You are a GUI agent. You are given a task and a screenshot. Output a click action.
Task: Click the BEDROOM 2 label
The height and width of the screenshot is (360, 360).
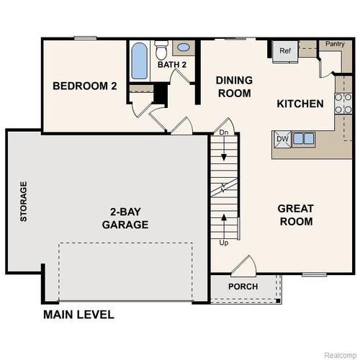(84, 86)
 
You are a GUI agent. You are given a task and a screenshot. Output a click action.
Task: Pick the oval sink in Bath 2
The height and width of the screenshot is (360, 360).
(184, 48)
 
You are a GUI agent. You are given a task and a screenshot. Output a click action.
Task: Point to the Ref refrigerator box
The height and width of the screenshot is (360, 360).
(284, 50)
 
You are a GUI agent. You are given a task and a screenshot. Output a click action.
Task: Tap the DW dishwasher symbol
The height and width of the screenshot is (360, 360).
(282, 139)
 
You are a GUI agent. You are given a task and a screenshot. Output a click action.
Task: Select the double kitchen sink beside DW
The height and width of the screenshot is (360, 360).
(303, 139)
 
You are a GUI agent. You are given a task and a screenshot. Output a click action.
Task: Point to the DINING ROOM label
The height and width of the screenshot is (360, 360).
(234, 87)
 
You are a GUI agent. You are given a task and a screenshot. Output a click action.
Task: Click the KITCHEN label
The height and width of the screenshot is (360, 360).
(300, 104)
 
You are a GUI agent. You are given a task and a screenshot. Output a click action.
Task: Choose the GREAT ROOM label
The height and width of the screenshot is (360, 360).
(295, 215)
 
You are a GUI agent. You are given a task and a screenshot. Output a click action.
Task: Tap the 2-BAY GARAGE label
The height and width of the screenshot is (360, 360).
(129, 218)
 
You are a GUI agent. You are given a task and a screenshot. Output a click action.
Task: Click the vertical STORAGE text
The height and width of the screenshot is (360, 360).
(24, 202)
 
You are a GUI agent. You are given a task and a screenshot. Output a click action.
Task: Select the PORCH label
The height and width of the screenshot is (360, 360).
(243, 287)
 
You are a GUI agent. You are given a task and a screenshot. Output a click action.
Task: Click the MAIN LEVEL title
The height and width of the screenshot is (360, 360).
(78, 315)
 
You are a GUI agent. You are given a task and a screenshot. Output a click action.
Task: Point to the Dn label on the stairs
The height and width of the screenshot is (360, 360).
(224, 133)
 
